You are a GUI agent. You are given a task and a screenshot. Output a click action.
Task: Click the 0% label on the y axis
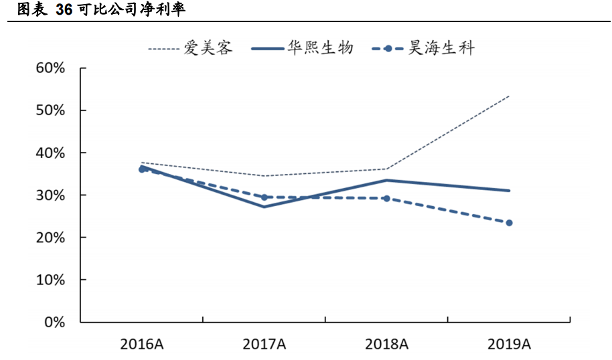(x=53, y=322)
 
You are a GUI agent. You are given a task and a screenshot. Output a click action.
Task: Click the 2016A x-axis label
(x=142, y=345)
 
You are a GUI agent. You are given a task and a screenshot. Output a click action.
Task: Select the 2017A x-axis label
(x=264, y=345)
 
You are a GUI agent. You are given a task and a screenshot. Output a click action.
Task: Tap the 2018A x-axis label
(x=386, y=345)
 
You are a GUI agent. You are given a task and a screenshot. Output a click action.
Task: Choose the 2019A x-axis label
(x=509, y=345)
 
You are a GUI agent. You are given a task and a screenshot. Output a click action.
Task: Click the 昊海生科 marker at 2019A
(x=509, y=223)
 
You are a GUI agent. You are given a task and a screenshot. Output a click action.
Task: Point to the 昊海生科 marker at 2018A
(x=386, y=198)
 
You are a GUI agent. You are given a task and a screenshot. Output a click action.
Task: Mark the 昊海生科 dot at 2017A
(x=264, y=197)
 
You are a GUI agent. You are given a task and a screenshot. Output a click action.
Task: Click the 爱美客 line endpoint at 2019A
(x=509, y=96)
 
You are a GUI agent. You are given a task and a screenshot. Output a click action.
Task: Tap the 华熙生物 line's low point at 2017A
(x=264, y=206)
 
